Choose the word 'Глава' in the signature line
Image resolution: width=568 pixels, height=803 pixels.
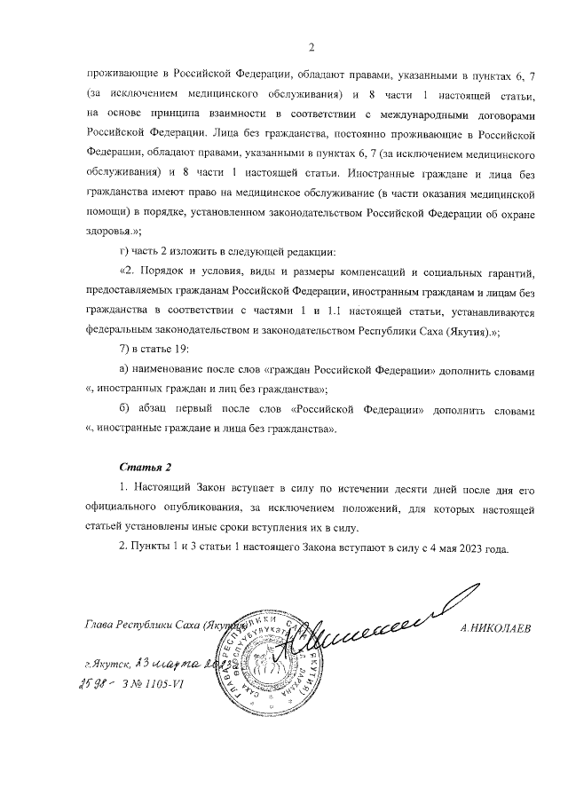tap(103, 626)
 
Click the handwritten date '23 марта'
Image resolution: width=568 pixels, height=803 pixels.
tap(173, 664)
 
